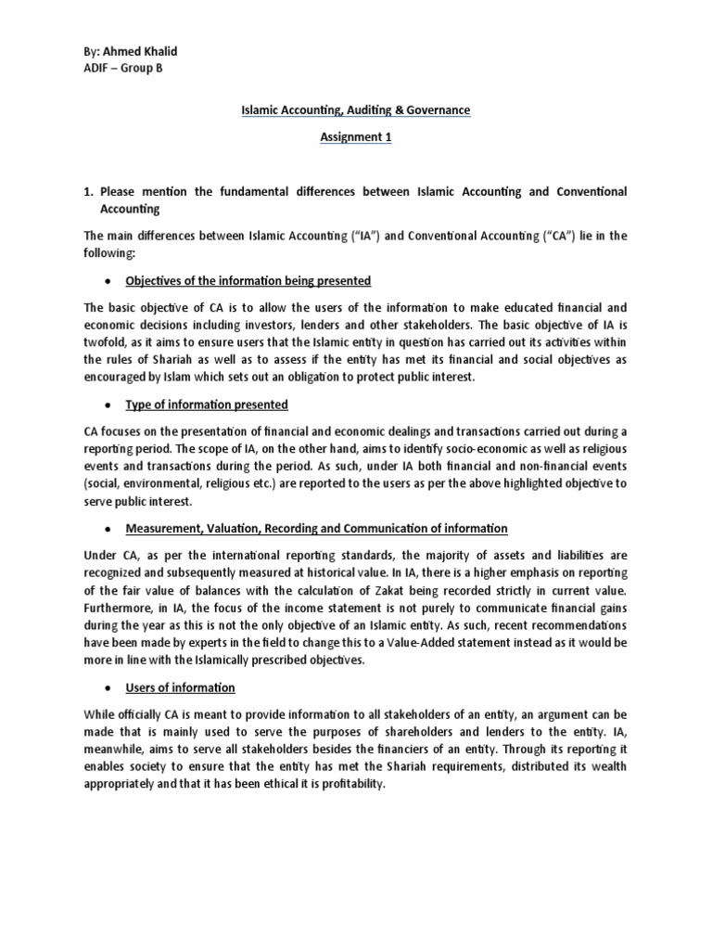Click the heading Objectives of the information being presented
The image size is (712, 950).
pos(248,281)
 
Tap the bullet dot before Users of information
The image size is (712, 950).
pos(109,688)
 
